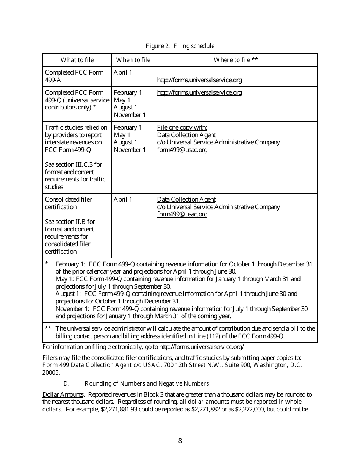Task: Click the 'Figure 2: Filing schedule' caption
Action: click(180, 46)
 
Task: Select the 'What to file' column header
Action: click(77, 60)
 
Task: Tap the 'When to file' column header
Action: click(133, 60)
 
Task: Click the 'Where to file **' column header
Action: click(236, 60)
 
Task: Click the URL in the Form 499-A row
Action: click(199, 80)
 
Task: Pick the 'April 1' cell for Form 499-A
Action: click(123, 72)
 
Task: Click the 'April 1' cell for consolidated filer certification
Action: click(123, 199)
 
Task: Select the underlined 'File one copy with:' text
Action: click(182, 127)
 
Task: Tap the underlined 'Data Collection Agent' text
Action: click(186, 199)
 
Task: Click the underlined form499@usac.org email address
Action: click(182, 214)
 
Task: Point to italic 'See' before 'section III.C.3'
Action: click(49, 164)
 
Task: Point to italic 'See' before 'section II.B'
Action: click(49, 222)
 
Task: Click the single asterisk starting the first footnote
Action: click(47, 264)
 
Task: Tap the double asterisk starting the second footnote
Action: click(48, 328)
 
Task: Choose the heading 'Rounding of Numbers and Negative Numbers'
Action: click(147, 383)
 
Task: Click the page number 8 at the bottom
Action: click(180, 441)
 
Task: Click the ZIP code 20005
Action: click(50, 372)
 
